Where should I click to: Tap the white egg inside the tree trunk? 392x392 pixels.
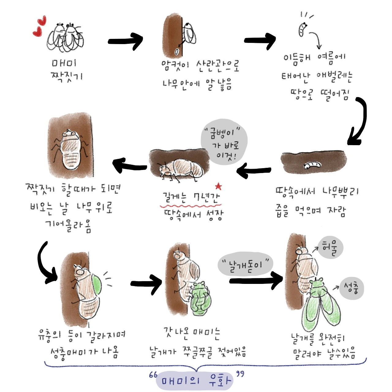click(x=176, y=51)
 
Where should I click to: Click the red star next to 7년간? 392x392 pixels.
click(x=218, y=186)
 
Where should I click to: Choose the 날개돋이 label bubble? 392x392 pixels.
click(x=245, y=264)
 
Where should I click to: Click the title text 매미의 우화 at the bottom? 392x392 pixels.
click(x=195, y=381)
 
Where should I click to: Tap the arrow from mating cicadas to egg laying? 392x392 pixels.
click(x=126, y=41)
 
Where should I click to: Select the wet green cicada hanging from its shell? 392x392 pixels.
click(x=200, y=300)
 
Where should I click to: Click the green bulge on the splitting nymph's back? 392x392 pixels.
click(x=97, y=285)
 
